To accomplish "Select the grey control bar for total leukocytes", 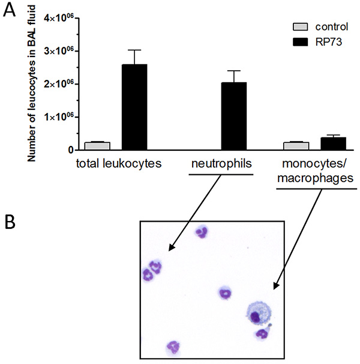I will [97, 146].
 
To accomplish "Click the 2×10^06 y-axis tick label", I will [62, 83].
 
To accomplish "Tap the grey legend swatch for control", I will [301, 27].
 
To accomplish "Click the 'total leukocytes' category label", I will [113, 163].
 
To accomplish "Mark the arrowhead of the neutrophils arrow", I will [170, 249].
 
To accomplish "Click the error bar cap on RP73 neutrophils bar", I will [233, 71].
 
